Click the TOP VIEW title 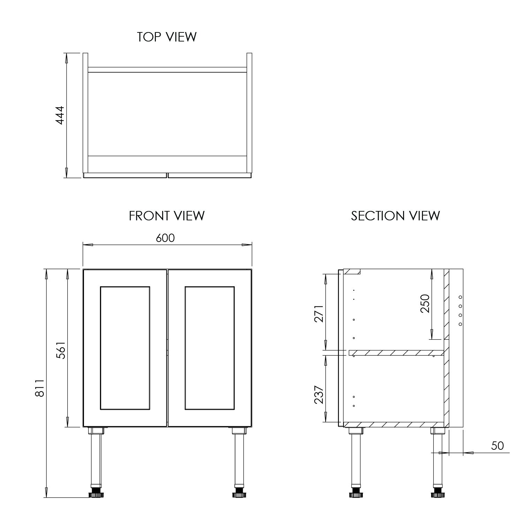coord(167,37)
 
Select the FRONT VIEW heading coord(167,216)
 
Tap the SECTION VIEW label coord(395,216)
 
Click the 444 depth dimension coord(60,115)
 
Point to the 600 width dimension coord(165,238)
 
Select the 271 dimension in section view coord(319,313)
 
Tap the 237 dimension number coord(319,395)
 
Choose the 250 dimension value coord(425,303)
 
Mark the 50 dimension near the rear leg coord(498,446)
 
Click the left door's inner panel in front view coord(125,348)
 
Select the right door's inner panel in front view coord(210,348)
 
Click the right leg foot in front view coord(239,494)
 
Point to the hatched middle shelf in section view coord(396,353)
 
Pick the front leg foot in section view coord(356,494)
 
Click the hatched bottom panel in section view coord(394,424)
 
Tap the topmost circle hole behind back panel coord(460,297)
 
